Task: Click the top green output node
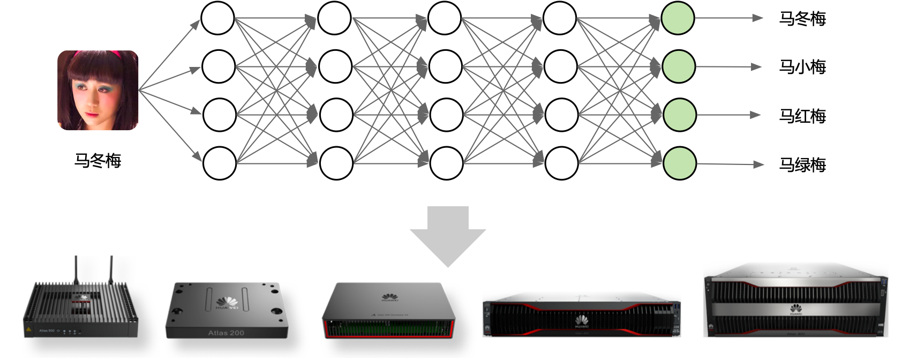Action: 678,18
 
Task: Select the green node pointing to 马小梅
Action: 679,66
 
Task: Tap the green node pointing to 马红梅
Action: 679,115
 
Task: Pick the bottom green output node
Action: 679,163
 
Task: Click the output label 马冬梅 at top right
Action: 802,19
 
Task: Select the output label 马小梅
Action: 802,67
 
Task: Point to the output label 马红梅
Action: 802,116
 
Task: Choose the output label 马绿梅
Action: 802,164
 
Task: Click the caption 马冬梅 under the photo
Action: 97,160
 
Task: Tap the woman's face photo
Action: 97,91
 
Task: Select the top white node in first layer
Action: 217,18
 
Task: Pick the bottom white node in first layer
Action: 219,163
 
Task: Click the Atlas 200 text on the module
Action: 226,333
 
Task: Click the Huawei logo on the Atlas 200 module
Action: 227,303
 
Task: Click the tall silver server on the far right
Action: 795,301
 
